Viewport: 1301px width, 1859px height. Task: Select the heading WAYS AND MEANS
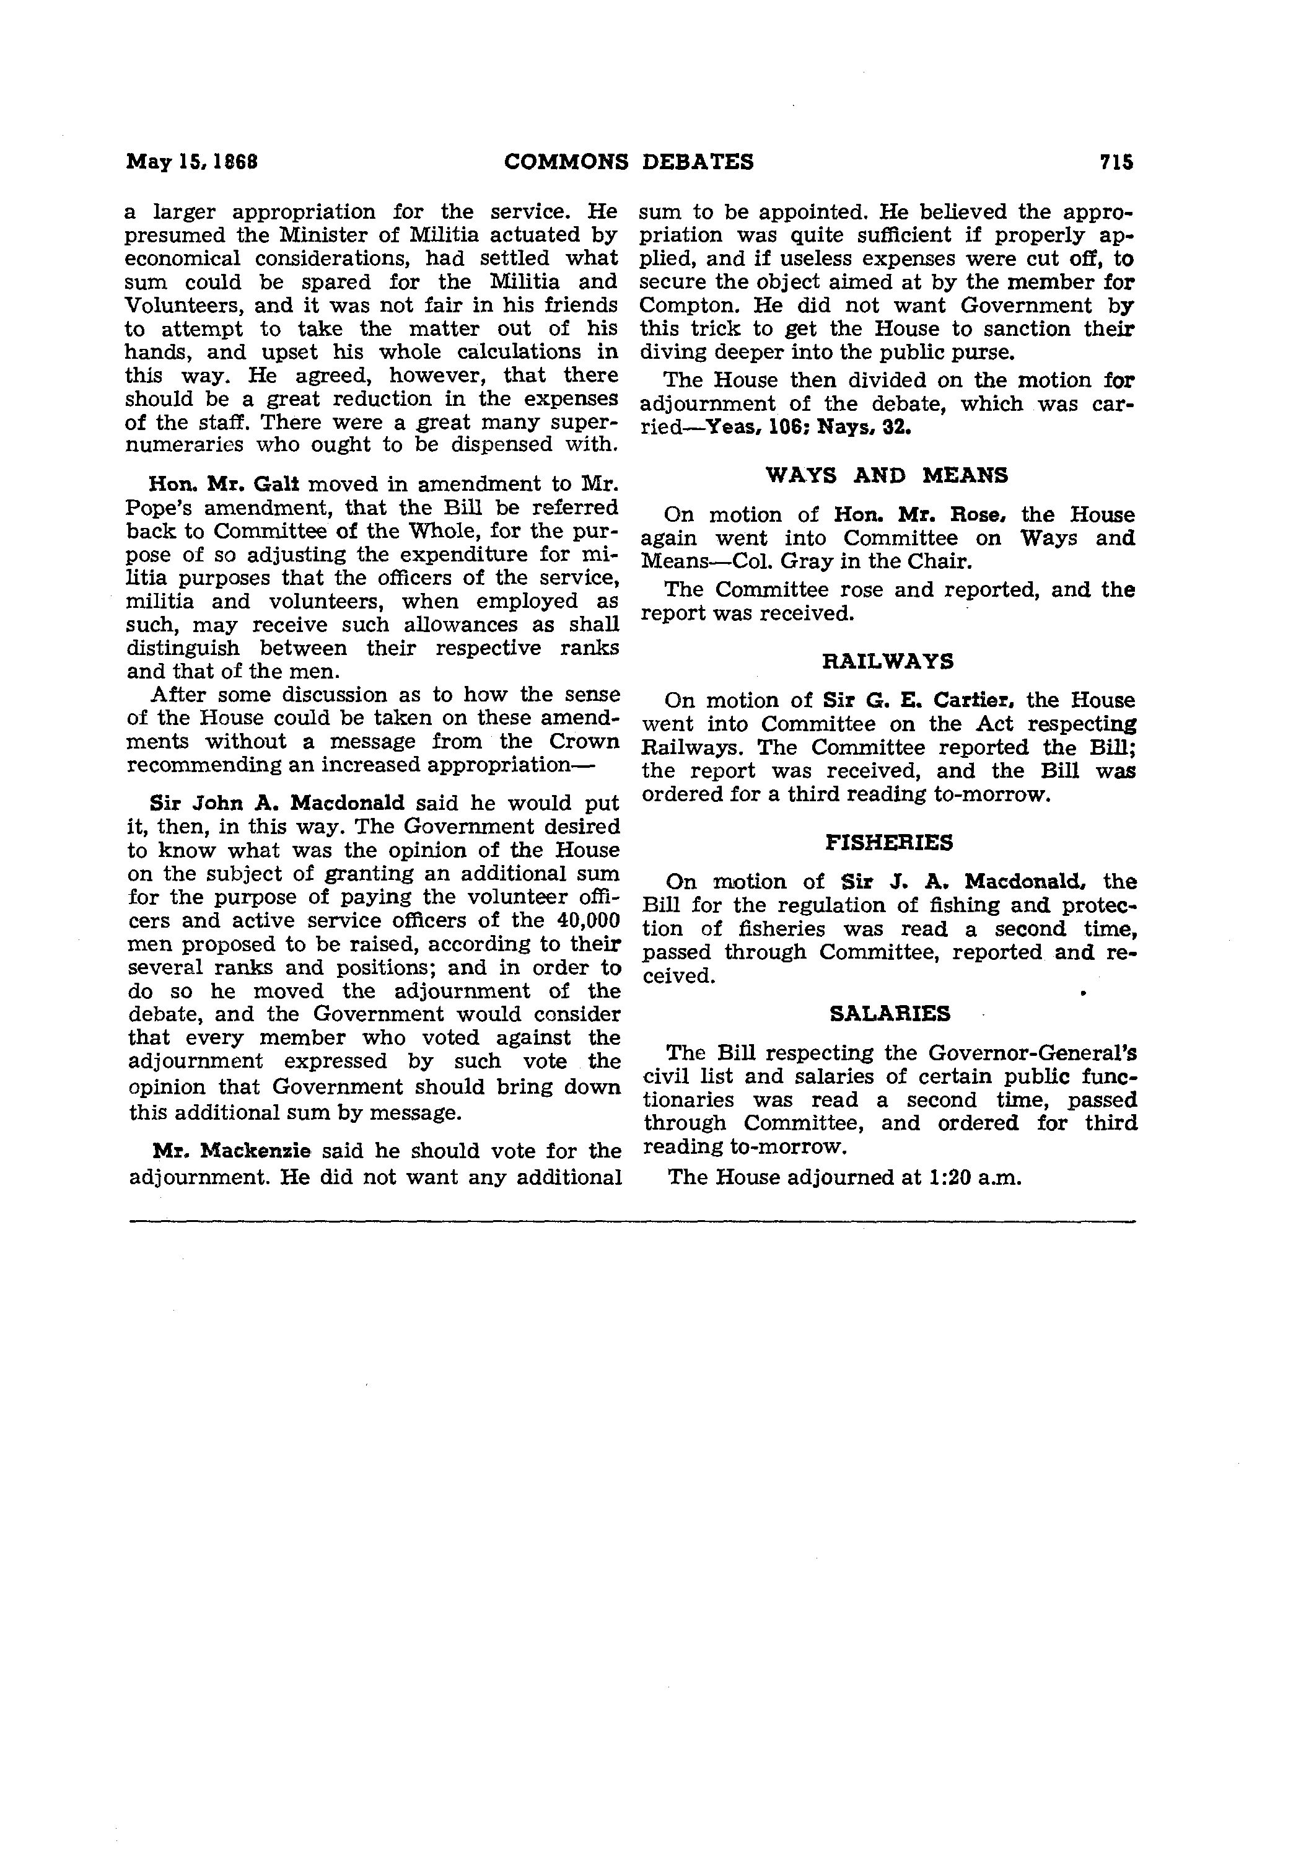pos(887,475)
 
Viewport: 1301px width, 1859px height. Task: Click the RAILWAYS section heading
pos(887,662)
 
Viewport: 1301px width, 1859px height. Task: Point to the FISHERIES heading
pos(888,843)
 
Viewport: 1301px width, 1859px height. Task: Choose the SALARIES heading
pos(890,1014)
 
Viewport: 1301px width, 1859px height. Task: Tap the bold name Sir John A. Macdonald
pos(277,803)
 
